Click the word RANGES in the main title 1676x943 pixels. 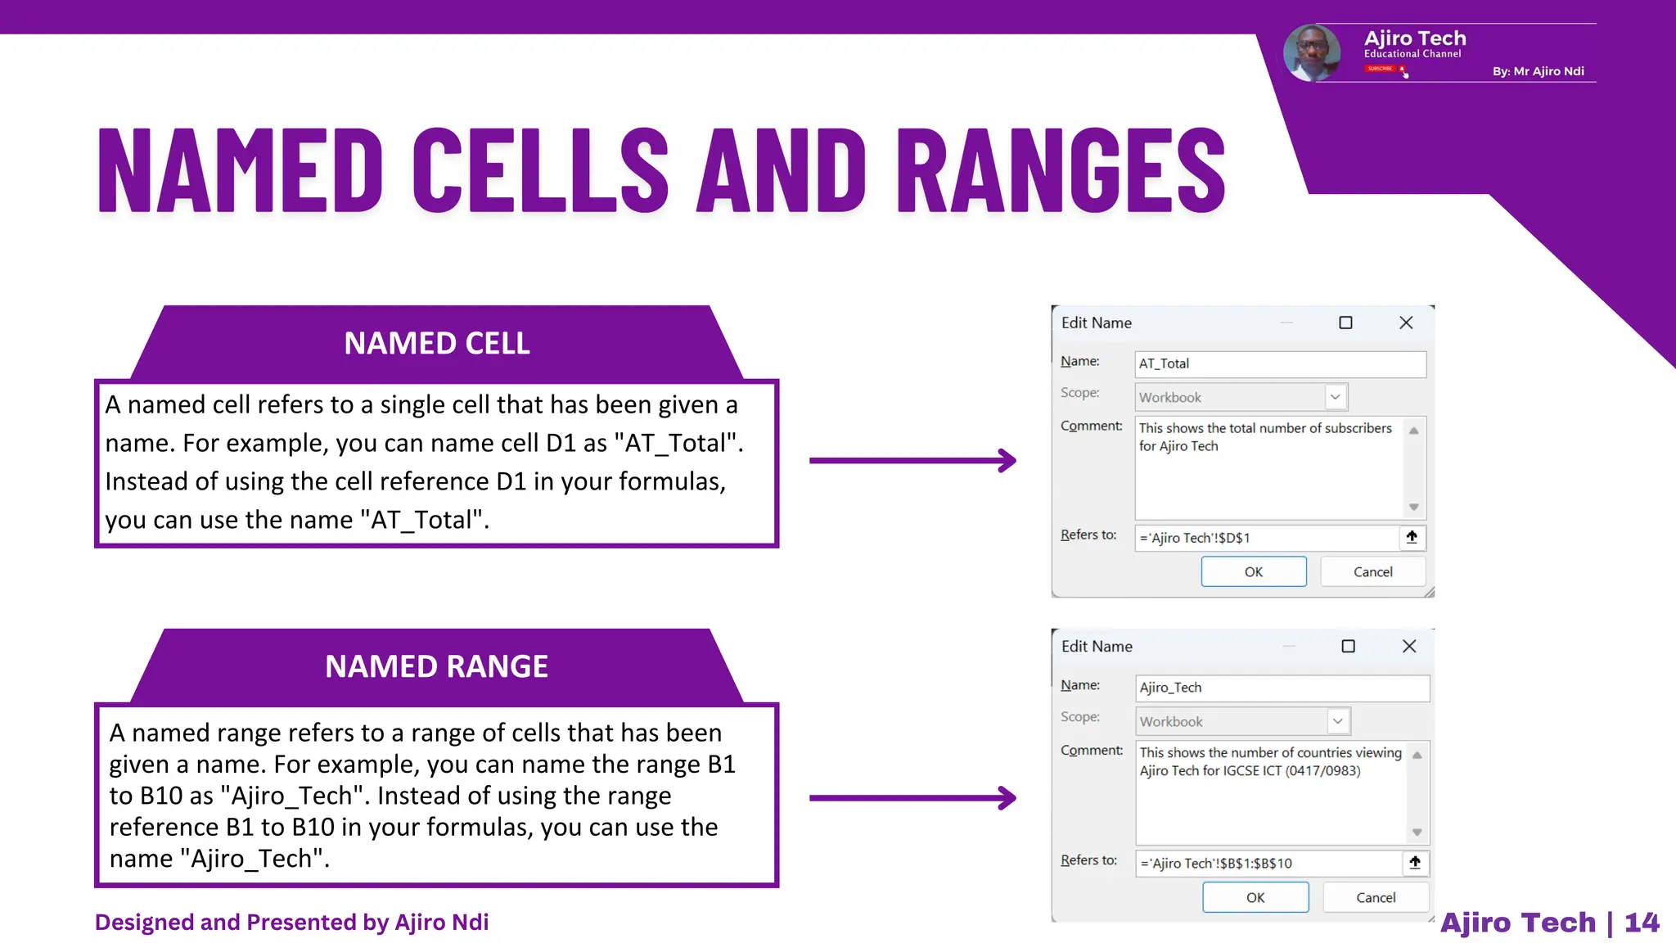pyautogui.click(x=1061, y=170)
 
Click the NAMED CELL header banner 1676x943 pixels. pyautogui.click(x=436, y=343)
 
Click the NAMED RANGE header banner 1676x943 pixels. pyautogui.click(x=436, y=666)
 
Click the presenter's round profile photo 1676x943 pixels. pyautogui.click(x=1312, y=53)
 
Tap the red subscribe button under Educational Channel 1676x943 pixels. pyautogui.click(x=1381, y=69)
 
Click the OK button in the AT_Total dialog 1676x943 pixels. pyautogui.click(x=1253, y=571)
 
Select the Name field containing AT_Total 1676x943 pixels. pyautogui.click(x=1279, y=363)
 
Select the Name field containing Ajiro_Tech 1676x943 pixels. pyautogui.click(x=1282, y=688)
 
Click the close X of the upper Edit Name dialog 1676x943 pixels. pyautogui.click(x=1406, y=323)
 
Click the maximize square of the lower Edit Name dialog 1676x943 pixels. pyautogui.click(x=1348, y=646)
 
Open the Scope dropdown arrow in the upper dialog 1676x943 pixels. pyautogui.click(x=1335, y=397)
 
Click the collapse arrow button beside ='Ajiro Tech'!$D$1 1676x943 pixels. pyautogui.click(x=1412, y=537)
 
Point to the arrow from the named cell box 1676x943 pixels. pyautogui.click(x=912, y=460)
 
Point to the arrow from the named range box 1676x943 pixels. pyautogui.click(x=912, y=797)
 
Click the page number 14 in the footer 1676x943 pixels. pyautogui.click(x=1641, y=923)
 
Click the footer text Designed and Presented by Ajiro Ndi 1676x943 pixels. pyautogui.click(x=291, y=923)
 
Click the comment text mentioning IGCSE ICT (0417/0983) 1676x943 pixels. pyautogui.click(x=1250, y=771)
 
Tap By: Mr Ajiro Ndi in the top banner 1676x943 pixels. pyautogui.click(x=1538, y=71)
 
